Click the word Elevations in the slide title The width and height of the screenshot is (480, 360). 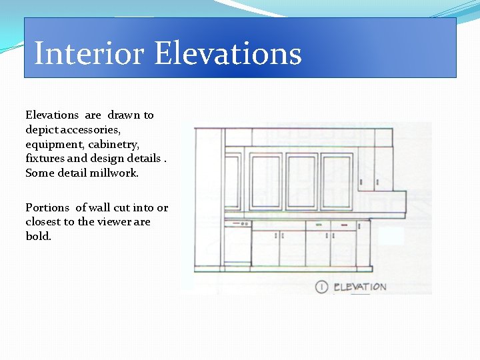tap(228, 53)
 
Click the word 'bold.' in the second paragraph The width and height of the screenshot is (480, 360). tap(39, 236)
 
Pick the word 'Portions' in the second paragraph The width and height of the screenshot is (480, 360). tap(47, 207)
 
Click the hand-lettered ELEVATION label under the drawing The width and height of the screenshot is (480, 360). tap(359, 287)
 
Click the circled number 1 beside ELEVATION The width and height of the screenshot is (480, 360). tap(322, 287)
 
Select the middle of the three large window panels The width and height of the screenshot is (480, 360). tap(301, 182)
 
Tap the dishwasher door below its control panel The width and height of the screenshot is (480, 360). tap(237, 247)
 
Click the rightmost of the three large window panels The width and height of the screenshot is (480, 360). tap(337, 182)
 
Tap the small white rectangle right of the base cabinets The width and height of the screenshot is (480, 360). tap(391, 236)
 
